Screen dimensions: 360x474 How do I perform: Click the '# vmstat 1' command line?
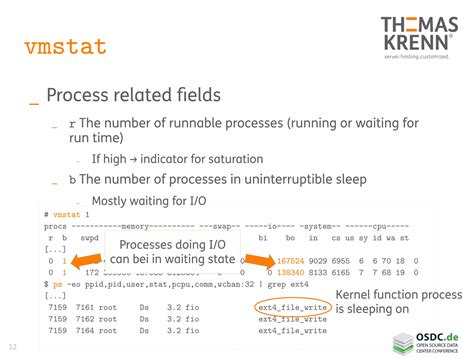point(66,216)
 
